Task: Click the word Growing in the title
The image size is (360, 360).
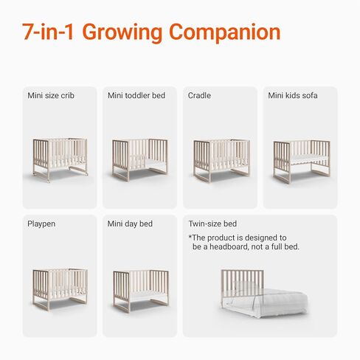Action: (x=122, y=32)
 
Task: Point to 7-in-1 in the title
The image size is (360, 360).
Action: (x=48, y=32)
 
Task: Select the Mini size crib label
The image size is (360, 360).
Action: (x=51, y=95)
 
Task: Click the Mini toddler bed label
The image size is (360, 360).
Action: (x=136, y=95)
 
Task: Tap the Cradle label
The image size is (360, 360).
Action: (x=199, y=95)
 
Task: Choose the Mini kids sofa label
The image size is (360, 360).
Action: (x=293, y=95)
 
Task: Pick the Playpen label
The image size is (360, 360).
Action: (x=42, y=223)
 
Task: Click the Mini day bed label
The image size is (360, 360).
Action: (x=130, y=223)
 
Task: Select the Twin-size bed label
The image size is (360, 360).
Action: (x=212, y=223)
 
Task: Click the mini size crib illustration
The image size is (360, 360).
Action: (x=60, y=157)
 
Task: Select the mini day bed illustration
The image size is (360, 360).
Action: (x=140, y=290)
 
